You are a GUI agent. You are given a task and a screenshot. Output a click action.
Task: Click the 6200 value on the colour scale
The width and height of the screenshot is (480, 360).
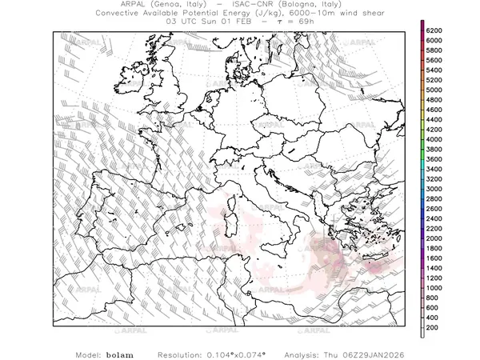[437, 30]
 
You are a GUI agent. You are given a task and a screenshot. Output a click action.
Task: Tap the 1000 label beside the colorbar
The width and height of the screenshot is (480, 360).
[437, 288]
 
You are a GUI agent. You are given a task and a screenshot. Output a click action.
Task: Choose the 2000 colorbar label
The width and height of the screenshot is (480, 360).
[437, 238]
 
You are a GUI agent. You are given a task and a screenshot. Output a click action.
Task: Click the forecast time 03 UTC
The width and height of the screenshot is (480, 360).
[182, 22]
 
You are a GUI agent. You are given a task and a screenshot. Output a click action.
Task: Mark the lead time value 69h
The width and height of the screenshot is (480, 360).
[306, 22]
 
